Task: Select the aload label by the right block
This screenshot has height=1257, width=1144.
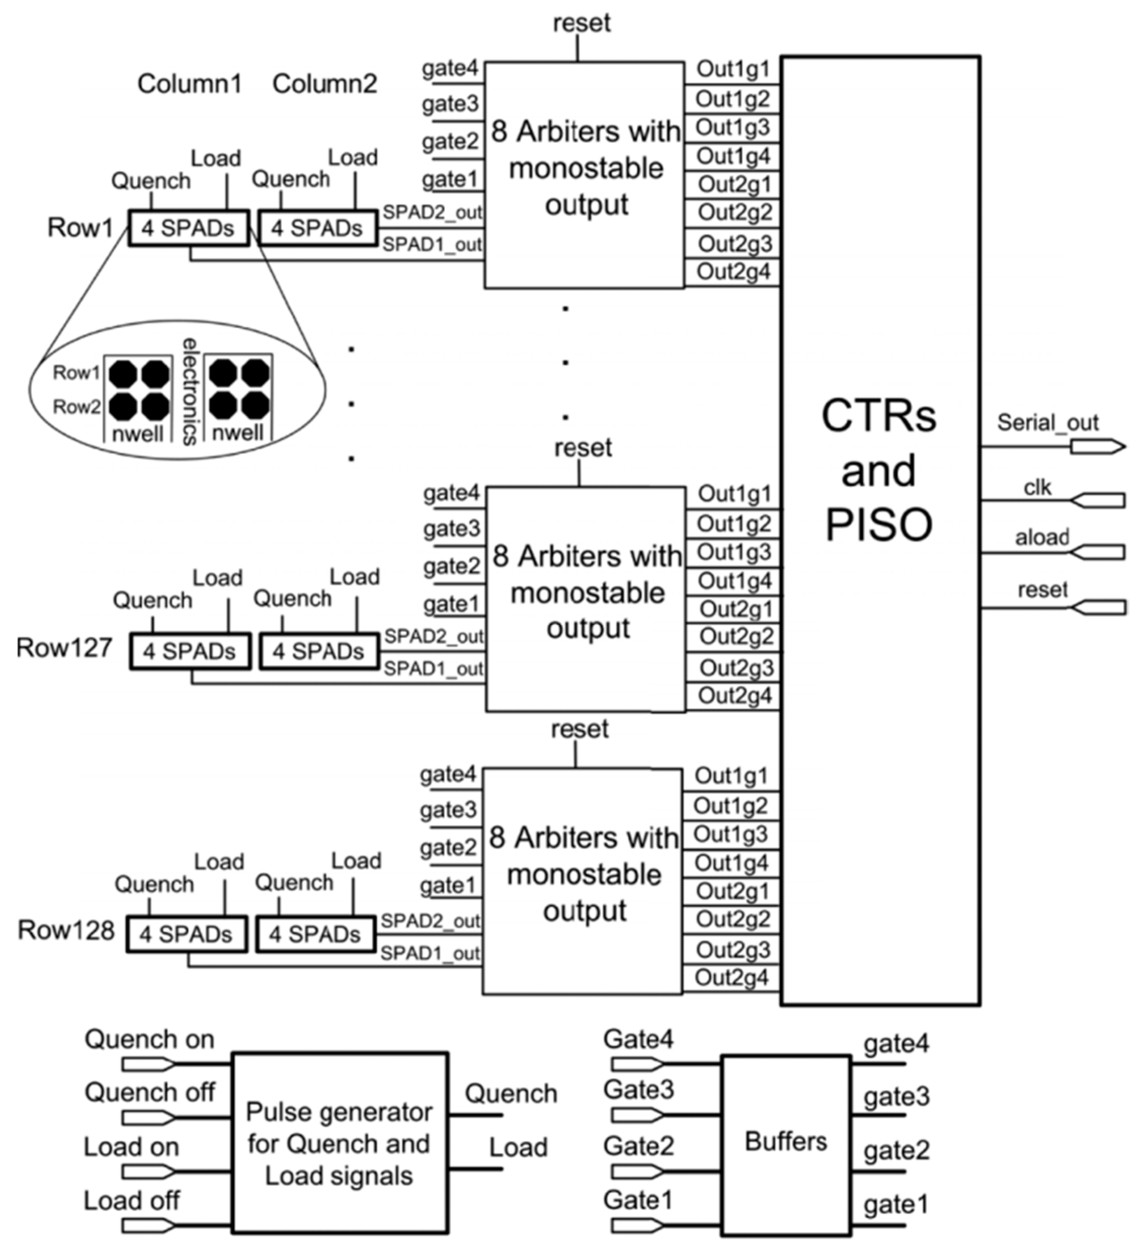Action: tap(1042, 537)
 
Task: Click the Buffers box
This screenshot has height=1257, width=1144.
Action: tap(785, 1142)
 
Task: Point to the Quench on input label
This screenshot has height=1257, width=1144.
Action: tap(150, 1039)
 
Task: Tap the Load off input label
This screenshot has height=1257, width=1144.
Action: tap(132, 1200)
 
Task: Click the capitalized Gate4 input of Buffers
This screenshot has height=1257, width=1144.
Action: tap(638, 1039)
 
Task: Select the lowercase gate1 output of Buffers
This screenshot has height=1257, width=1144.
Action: tap(896, 1204)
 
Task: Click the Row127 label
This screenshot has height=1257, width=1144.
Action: tap(64, 648)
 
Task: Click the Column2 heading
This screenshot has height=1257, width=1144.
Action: tap(324, 83)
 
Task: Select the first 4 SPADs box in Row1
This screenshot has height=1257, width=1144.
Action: tap(188, 228)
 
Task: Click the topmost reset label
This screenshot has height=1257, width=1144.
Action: tap(581, 23)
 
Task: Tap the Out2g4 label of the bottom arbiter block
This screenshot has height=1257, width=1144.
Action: tap(731, 977)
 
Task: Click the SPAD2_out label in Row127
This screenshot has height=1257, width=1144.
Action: tap(433, 637)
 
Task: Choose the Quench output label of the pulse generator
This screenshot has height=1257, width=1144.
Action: tap(511, 1094)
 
